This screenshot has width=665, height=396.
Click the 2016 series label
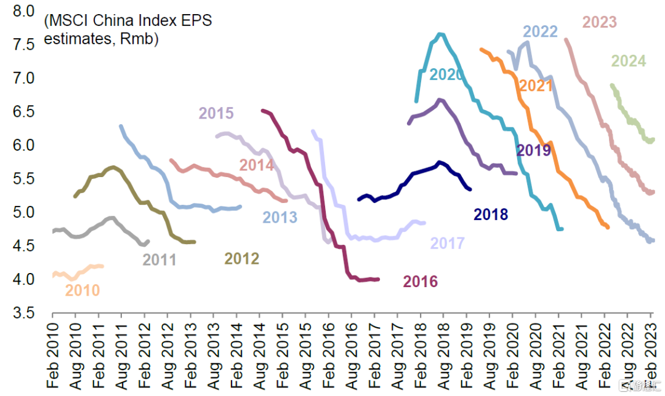click(x=420, y=282)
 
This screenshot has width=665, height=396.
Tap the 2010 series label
click(x=83, y=290)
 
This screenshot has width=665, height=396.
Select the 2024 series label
click(x=628, y=61)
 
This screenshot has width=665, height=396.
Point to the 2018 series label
click(x=491, y=215)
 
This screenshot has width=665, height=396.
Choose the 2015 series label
click(x=216, y=114)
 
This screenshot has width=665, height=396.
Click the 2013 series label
click(x=280, y=218)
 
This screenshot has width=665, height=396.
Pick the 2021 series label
click(x=536, y=86)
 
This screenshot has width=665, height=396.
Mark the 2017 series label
click(x=447, y=244)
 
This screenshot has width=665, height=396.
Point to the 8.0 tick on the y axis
click(x=24, y=12)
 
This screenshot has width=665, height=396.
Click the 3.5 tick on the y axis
click(x=24, y=314)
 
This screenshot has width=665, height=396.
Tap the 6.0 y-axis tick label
click(x=24, y=146)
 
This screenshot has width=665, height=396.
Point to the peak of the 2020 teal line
click(x=440, y=34)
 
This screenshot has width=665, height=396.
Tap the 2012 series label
click(x=241, y=259)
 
